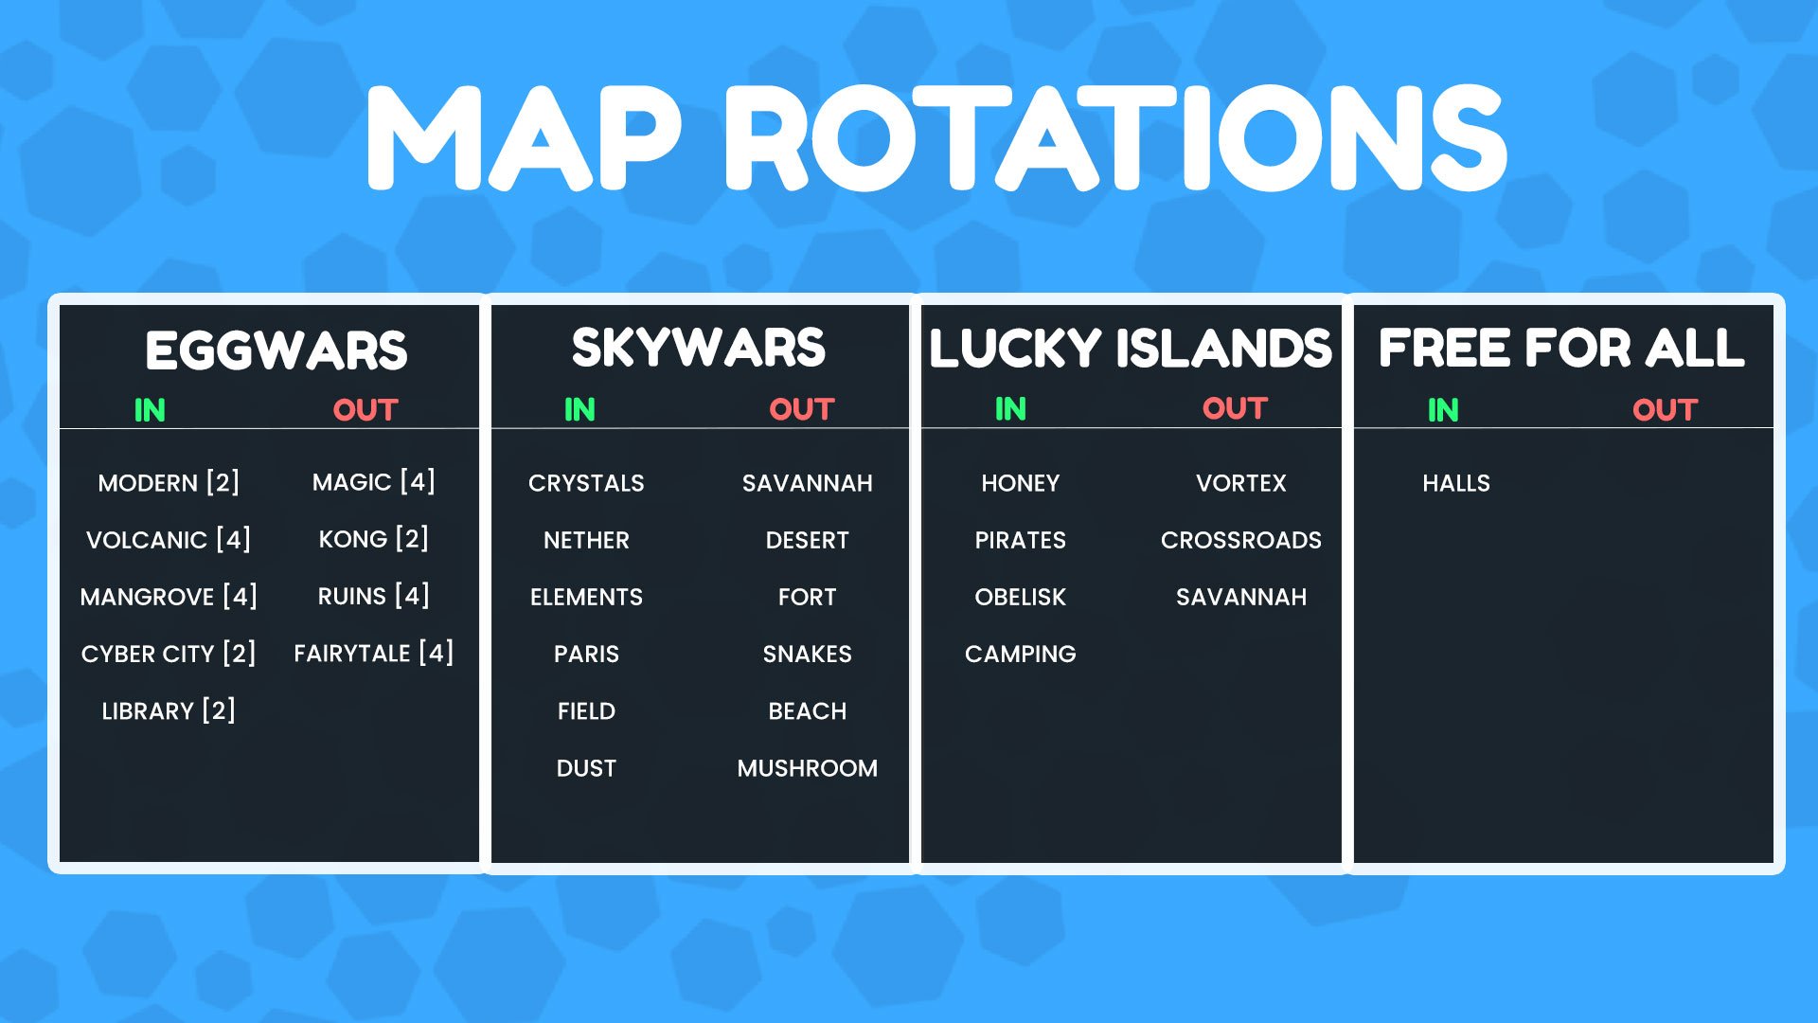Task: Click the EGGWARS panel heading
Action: pyautogui.click(x=276, y=350)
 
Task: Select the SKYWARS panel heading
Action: pyautogui.click(x=699, y=348)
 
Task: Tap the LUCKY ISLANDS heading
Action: pyautogui.click(x=1131, y=348)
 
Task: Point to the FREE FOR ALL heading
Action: pyautogui.click(x=1562, y=348)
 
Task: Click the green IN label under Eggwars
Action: pyautogui.click(x=150, y=410)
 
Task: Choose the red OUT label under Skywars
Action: pyautogui.click(x=802, y=409)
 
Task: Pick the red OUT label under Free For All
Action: pyautogui.click(x=1666, y=410)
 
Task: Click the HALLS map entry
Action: pyautogui.click(x=1456, y=483)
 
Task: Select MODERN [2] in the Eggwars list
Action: pyautogui.click(x=169, y=483)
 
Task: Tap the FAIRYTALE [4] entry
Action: pyautogui.click(x=374, y=654)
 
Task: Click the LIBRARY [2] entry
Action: pyautogui.click(x=169, y=710)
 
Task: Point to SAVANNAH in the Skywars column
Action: pyautogui.click(x=808, y=483)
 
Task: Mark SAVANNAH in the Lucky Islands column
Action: pyautogui.click(x=1241, y=597)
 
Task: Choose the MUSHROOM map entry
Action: pyautogui.click(x=808, y=768)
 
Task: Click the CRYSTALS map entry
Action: pyautogui.click(x=586, y=483)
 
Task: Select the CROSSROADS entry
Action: pyautogui.click(x=1241, y=540)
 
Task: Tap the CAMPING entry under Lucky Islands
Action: pyautogui.click(x=1021, y=654)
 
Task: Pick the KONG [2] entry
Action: pyautogui.click(x=374, y=539)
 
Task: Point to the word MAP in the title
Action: pyautogui.click(x=523, y=138)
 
